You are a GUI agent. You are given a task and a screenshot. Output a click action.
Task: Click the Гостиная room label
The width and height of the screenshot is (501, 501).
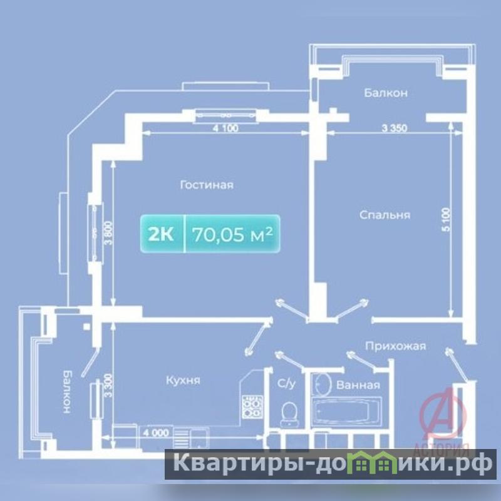tap(207, 185)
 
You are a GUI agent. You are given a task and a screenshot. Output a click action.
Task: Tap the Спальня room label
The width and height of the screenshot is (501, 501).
tap(385, 215)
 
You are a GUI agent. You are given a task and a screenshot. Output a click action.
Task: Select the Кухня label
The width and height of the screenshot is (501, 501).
tap(183, 380)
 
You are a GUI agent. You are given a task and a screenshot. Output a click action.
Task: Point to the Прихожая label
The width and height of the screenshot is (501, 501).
tap(396, 346)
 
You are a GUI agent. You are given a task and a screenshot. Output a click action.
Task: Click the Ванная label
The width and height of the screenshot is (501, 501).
tap(358, 385)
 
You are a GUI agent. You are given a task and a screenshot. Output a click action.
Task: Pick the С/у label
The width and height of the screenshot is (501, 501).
tap(286, 383)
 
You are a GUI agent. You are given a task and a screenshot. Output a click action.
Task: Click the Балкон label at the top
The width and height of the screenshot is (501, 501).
tap(386, 93)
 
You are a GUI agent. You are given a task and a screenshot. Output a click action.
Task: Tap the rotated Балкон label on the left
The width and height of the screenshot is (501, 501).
tap(68, 392)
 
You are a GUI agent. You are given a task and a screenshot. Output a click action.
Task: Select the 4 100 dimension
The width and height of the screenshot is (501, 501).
tap(225, 128)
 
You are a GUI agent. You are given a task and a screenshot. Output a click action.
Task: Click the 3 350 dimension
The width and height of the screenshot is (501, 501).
tap(395, 128)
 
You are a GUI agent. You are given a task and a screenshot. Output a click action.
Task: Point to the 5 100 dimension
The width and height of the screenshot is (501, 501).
tap(446, 220)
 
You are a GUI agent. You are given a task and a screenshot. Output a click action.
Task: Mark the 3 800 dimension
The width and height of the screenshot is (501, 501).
tap(108, 233)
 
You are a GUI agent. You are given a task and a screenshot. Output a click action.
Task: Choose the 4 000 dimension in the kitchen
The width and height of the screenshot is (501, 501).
tap(156, 433)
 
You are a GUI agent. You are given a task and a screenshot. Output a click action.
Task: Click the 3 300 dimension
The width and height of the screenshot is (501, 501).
tap(108, 386)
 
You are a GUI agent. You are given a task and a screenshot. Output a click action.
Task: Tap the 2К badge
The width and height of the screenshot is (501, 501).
tap(161, 234)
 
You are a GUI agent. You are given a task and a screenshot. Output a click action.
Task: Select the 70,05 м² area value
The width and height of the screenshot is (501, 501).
tap(232, 234)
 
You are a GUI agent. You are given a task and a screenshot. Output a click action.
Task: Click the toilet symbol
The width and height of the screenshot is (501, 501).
tap(289, 414)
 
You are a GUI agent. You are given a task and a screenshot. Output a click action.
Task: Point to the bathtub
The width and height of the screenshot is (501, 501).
tap(346, 411)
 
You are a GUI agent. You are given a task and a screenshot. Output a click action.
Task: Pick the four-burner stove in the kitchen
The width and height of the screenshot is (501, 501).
tap(252, 406)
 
